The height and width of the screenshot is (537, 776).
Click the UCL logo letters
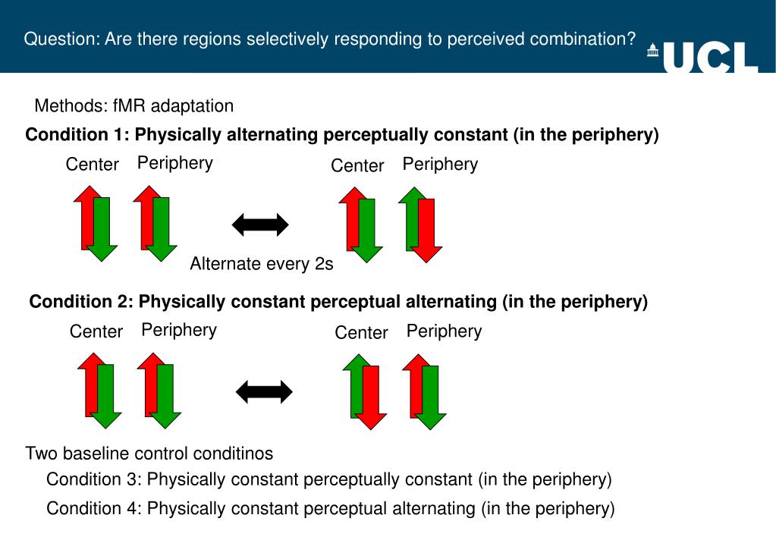coord(711,58)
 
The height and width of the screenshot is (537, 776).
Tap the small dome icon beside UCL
coord(652,51)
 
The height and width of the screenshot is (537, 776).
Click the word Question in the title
coord(57,39)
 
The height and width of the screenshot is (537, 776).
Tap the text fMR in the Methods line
coord(124,105)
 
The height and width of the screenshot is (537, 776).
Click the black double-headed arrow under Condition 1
coord(260,225)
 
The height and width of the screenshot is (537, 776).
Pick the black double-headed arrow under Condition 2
coord(264,392)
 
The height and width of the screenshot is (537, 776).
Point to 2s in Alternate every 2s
coord(324,264)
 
